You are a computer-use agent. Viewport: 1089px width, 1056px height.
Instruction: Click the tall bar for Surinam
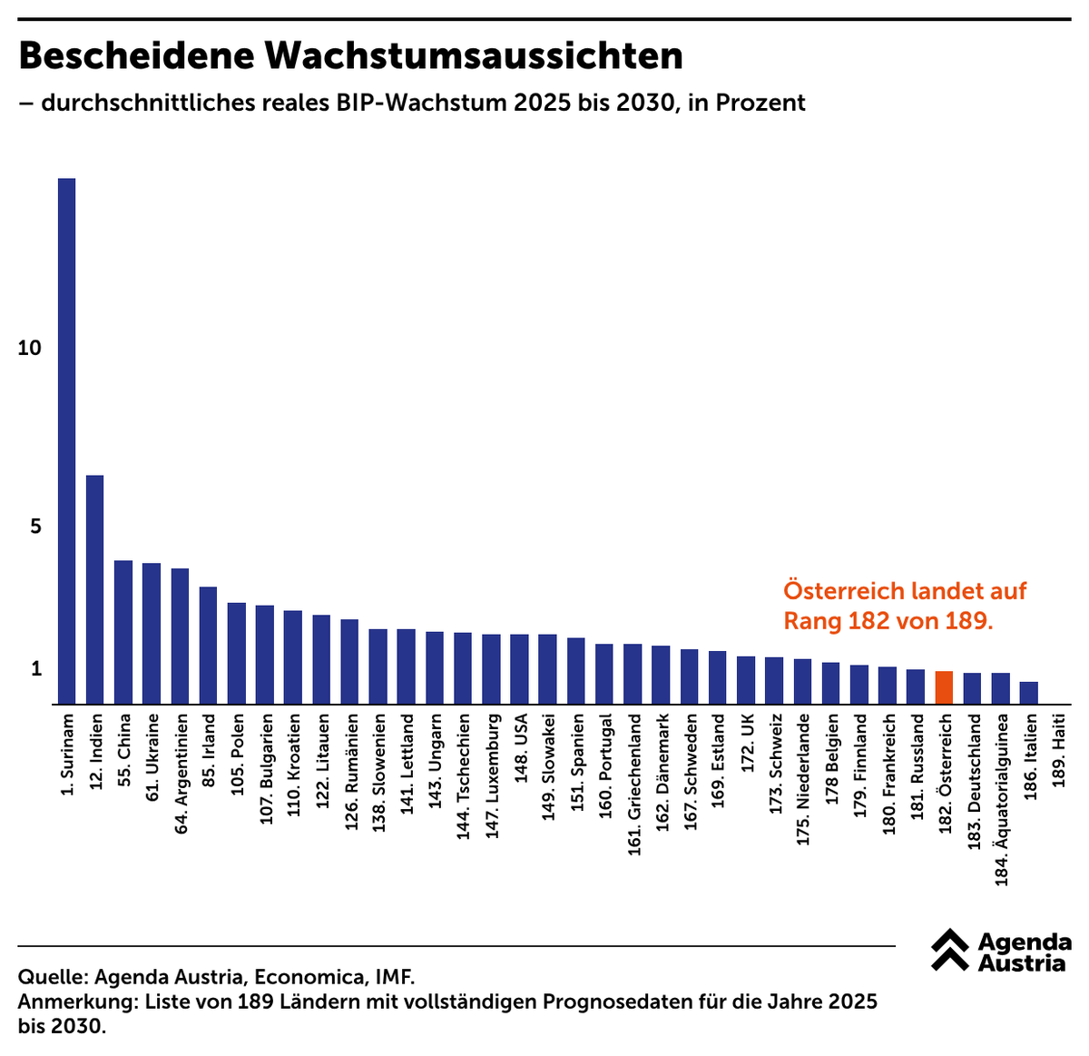click(x=66, y=440)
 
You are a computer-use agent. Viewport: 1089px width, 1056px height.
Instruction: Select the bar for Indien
click(x=94, y=589)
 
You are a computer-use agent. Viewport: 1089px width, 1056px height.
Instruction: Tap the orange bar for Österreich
click(x=944, y=687)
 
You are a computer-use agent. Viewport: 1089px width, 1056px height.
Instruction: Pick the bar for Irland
click(x=208, y=645)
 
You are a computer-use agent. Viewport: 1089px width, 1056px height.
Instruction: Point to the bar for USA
click(x=519, y=669)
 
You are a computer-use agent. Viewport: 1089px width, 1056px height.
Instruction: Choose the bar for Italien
click(x=1028, y=693)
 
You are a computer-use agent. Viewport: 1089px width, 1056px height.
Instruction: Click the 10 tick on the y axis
click(x=30, y=348)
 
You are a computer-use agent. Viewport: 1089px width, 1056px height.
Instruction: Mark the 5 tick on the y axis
click(x=36, y=527)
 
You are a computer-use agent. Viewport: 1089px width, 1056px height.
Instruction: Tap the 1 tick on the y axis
click(x=37, y=669)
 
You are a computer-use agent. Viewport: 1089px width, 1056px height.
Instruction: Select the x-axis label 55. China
click(x=124, y=750)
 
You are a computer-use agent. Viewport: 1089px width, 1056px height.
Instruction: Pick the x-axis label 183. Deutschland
click(x=974, y=782)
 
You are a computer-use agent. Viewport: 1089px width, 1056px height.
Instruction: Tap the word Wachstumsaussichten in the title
click(x=473, y=56)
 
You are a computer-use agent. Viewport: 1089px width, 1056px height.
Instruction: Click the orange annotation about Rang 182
click(x=904, y=606)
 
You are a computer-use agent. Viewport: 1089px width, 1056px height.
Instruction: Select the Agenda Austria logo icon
click(x=949, y=950)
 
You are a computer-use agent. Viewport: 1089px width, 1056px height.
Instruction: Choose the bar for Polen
click(x=236, y=653)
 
